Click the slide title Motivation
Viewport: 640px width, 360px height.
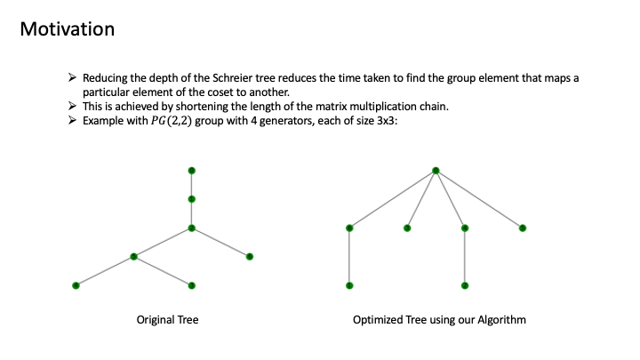tap(67, 28)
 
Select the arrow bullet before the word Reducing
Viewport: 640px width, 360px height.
tap(74, 78)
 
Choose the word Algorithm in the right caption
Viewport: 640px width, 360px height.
tap(502, 319)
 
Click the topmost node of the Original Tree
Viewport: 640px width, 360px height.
tap(191, 170)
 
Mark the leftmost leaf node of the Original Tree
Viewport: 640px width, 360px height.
tap(76, 285)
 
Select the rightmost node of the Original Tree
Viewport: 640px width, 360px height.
tap(250, 257)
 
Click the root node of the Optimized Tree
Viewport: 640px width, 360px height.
tap(436, 170)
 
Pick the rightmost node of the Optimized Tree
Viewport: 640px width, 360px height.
tap(523, 228)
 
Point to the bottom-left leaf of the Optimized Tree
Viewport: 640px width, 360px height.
tap(349, 285)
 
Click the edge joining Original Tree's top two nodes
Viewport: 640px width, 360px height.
tap(191, 184)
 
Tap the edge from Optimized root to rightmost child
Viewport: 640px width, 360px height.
tap(479, 199)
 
